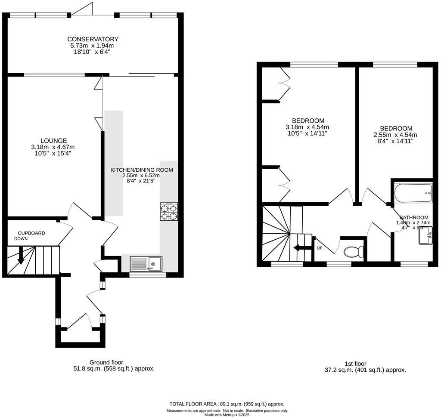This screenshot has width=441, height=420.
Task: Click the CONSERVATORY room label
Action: click(x=93, y=39)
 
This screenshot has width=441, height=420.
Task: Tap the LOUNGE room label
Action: click(x=53, y=140)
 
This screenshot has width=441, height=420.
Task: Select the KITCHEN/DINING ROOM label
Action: click(x=142, y=170)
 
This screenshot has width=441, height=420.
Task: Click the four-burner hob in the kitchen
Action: click(x=169, y=212)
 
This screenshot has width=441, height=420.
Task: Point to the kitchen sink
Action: click(x=146, y=263)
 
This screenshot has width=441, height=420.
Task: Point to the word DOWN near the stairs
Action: click(x=21, y=239)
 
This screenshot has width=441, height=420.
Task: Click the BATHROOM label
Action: click(x=413, y=217)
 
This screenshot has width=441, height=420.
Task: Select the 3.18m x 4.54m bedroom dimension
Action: click(x=307, y=127)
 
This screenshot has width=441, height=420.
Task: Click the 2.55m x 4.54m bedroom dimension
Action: click(x=395, y=135)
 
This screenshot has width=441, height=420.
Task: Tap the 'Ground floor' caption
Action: click(x=106, y=362)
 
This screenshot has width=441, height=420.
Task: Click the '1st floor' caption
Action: click(x=355, y=364)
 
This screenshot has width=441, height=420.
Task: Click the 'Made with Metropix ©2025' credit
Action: click(x=227, y=415)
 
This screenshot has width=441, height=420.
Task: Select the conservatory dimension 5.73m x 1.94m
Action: click(x=92, y=46)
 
